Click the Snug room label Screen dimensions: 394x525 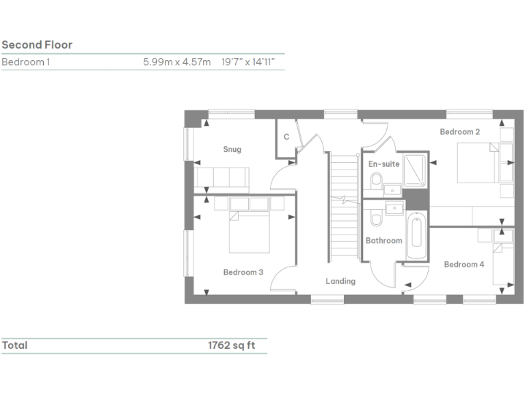click(232, 149)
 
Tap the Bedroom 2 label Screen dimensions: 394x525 click(459, 131)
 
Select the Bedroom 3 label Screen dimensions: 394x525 click(243, 272)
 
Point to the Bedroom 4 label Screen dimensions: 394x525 click(464, 265)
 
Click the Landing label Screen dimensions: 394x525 click(340, 281)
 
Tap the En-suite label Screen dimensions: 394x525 click(383, 164)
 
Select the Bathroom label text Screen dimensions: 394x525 click(383, 241)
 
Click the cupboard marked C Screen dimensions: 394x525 click(286, 137)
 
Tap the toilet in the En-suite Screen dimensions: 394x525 click(376, 181)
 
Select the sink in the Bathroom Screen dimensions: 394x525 click(394, 208)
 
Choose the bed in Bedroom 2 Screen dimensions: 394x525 click(476, 163)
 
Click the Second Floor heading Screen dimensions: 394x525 click(37, 45)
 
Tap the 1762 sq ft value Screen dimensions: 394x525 click(231, 345)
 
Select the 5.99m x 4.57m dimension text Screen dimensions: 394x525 click(176, 62)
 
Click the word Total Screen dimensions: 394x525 click(14, 345)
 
